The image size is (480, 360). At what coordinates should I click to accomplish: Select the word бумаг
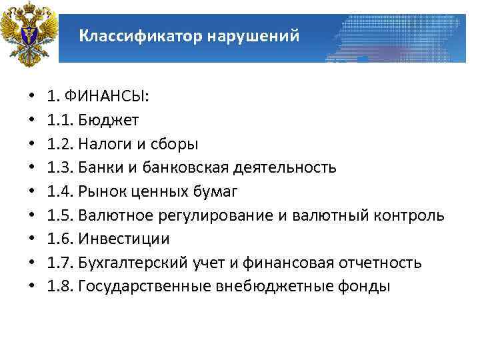[217, 191]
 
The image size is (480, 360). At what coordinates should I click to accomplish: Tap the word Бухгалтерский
[123, 263]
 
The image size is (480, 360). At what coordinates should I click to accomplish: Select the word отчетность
[381, 263]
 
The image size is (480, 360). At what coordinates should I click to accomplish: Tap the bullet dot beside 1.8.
[33, 287]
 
